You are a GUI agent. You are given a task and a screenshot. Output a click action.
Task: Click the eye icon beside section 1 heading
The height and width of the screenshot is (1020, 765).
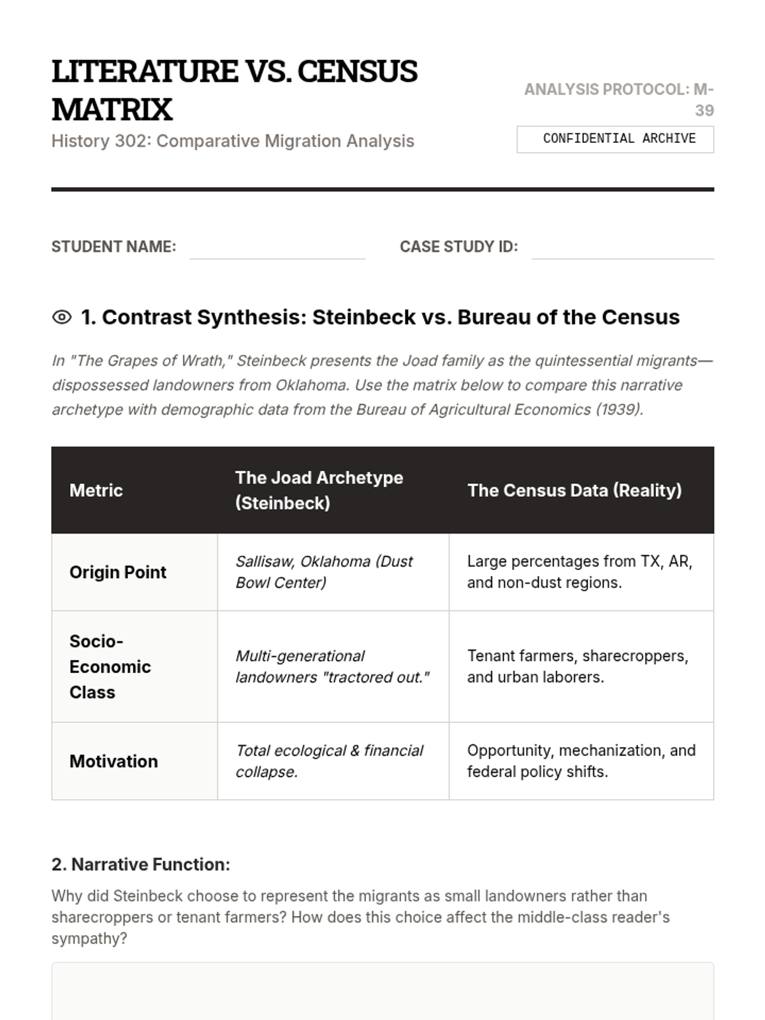tap(62, 317)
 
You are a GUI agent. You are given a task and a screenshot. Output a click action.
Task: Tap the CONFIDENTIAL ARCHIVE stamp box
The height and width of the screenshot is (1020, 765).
tap(615, 139)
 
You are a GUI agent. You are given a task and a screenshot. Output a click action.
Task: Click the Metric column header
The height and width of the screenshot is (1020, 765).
tap(96, 490)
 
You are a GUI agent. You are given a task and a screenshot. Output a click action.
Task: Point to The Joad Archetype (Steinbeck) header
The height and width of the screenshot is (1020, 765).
tap(319, 490)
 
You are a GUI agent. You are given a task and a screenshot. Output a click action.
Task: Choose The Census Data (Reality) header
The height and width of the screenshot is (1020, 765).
tap(574, 490)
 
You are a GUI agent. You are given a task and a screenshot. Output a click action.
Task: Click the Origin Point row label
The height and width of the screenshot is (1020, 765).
tap(118, 572)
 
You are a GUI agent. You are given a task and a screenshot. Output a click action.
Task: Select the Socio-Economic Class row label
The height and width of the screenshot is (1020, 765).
tap(110, 666)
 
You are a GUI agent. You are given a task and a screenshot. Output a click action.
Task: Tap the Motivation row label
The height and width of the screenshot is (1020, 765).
tap(113, 761)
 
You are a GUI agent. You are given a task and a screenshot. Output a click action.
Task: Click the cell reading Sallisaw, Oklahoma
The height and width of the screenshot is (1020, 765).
tap(324, 572)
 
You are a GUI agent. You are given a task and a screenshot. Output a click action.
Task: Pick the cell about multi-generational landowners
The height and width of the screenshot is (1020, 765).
tap(332, 666)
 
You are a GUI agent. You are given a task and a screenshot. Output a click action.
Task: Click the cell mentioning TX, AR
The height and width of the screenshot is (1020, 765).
tap(579, 572)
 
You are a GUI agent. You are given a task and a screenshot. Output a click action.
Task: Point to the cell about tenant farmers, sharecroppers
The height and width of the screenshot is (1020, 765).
tap(578, 666)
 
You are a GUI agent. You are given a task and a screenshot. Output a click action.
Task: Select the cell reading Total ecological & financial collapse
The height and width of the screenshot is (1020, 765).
tap(329, 761)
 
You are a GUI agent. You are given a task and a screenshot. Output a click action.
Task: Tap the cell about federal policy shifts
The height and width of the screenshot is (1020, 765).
tap(581, 761)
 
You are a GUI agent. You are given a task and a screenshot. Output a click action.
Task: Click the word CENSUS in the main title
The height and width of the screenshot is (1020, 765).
tap(357, 71)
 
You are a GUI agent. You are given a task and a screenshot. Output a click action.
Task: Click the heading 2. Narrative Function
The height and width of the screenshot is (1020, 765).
tap(141, 864)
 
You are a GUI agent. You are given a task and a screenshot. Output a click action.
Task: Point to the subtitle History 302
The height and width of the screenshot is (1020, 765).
tap(233, 141)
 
